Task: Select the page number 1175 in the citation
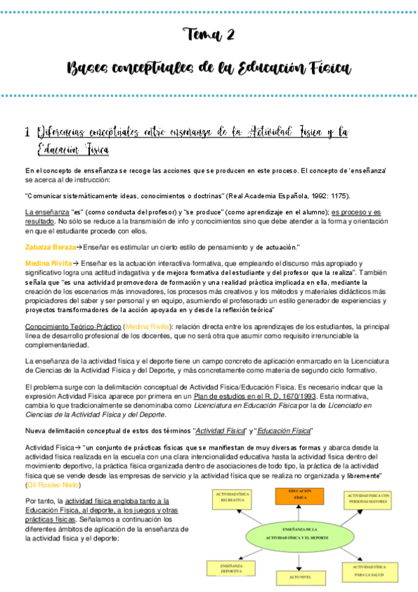click(338, 195)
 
